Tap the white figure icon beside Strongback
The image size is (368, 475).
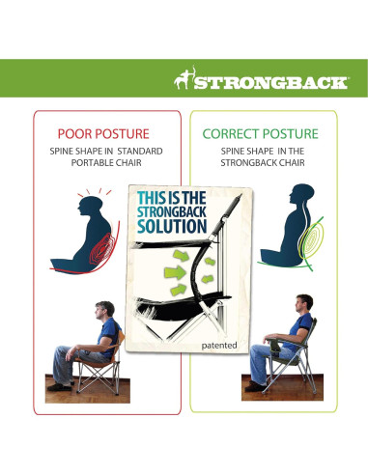pyautogui.click(x=184, y=80)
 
